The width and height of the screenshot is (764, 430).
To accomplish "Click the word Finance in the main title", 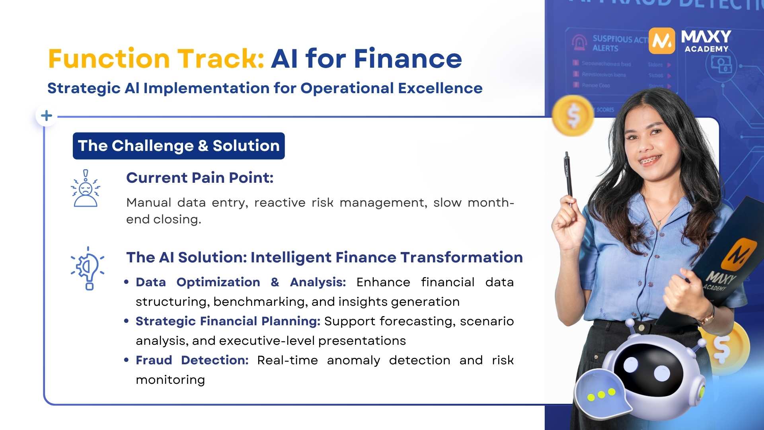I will [x=408, y=59].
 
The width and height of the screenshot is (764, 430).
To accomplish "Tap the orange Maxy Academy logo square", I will [x=662, y=41].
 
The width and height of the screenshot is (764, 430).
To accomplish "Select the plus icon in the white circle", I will [x=47, y=116].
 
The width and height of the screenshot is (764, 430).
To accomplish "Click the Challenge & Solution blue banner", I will [x=179, y=146].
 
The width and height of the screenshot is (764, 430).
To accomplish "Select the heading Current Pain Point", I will [x=200, y=178].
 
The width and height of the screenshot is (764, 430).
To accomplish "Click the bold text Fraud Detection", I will [x=192, y=360].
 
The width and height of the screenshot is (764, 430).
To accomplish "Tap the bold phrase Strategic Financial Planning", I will [x=228, y=321].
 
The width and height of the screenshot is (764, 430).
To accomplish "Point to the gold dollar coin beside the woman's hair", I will [x=573, y=115].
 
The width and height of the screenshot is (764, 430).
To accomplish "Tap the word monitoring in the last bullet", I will [x=170, y=380].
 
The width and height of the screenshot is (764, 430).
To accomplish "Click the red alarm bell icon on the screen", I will [x=579, y=42].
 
